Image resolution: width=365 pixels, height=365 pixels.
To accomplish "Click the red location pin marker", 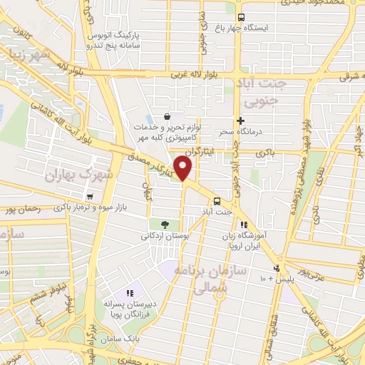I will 184,168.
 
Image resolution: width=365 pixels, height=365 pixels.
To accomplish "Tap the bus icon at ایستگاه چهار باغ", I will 240,17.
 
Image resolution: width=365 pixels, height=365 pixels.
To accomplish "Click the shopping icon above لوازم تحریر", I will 166,116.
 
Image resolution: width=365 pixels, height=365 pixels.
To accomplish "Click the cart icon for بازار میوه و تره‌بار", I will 89,197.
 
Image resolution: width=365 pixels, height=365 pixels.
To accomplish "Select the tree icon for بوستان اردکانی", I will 165,225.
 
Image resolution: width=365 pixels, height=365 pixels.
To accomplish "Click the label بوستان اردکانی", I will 164,236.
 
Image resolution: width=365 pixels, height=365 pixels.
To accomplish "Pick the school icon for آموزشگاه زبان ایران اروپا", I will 245,225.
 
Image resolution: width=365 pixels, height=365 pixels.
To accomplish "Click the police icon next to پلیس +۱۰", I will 275,269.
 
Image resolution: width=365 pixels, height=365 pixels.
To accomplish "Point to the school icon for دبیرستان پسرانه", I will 130,293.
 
